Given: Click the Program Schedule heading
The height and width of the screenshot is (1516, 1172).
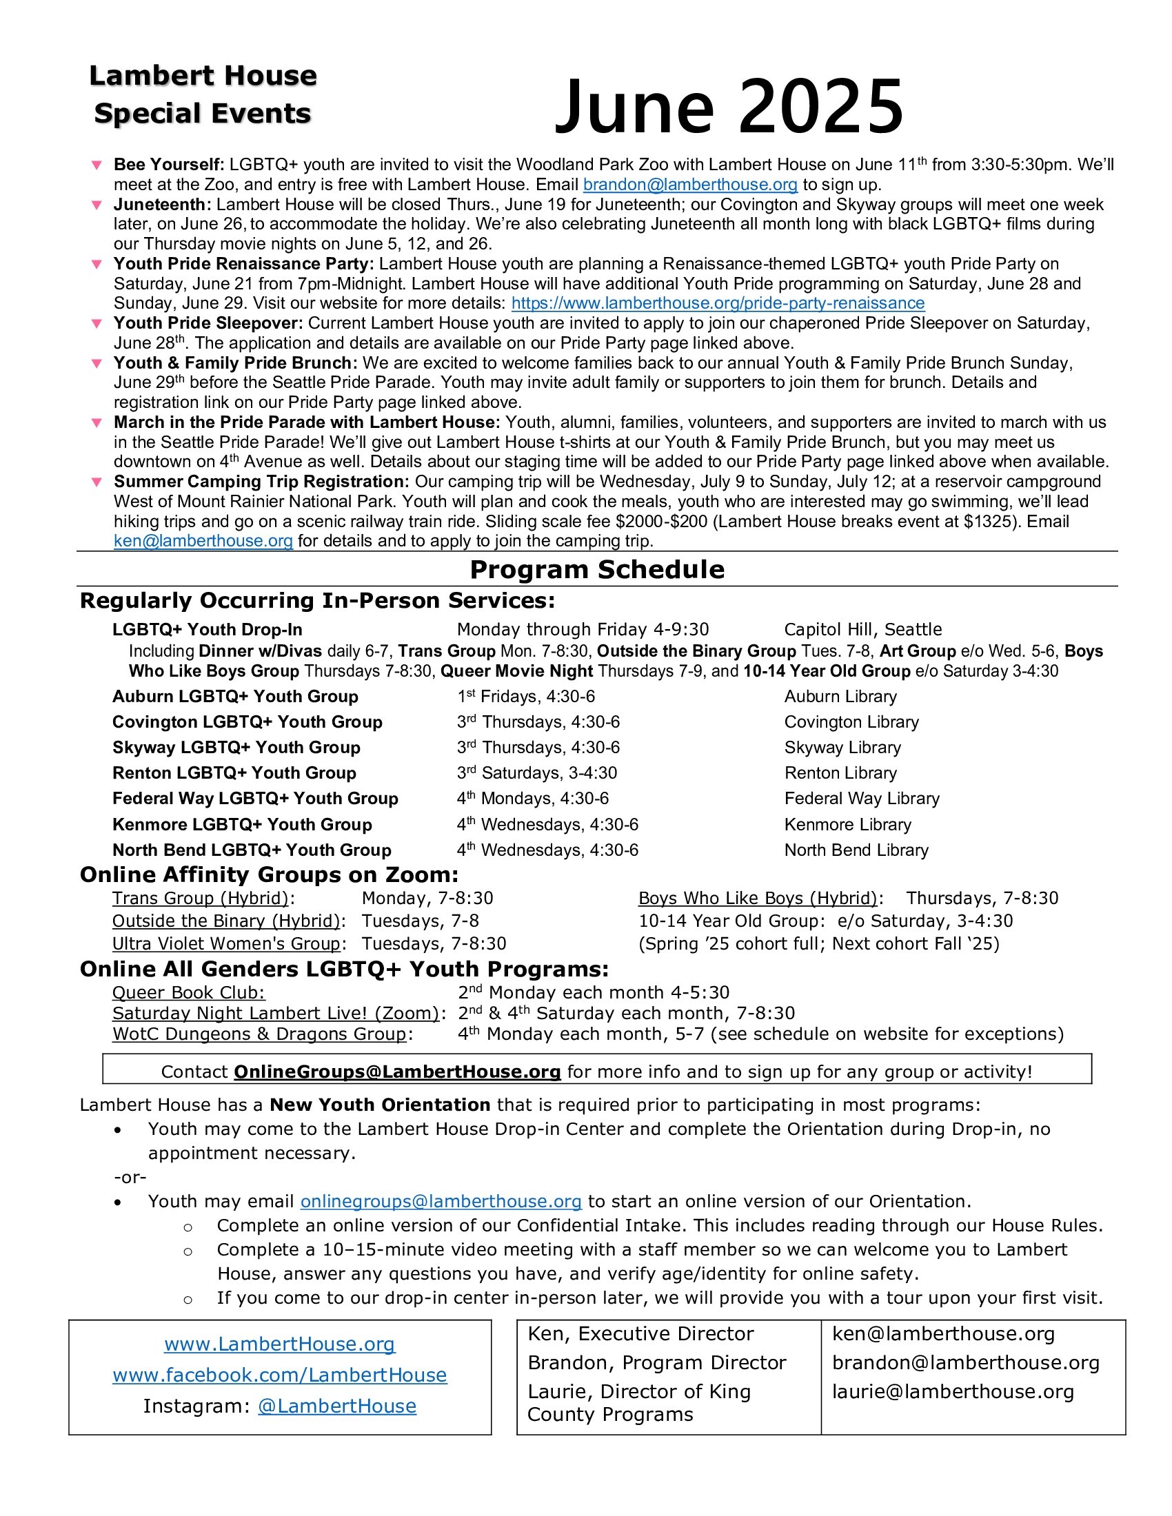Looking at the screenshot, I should (x=597, y=569).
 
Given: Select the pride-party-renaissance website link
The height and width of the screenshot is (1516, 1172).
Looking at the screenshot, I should (x=718, y=303).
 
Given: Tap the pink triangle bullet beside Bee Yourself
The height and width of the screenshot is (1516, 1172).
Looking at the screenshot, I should (x=97, y=165).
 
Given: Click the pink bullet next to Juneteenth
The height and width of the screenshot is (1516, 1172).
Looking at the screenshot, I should (x=97, y=205).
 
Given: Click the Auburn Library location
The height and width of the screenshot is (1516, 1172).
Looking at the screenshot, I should (x=840, y=696).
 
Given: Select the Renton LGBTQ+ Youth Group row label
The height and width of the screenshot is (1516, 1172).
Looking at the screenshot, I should (x=234, y=772).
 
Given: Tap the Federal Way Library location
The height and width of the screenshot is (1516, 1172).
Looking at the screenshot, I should (x=862, y=798).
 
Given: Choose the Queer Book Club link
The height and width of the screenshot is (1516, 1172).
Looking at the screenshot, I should (x=189, y=992).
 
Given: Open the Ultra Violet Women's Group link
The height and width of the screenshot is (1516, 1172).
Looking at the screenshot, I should (x=226, y=944).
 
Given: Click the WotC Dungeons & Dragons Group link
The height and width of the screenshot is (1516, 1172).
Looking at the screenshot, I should (x=259, y=1034).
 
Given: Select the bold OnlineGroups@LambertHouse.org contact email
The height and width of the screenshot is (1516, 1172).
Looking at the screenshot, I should (x=397, y=1072).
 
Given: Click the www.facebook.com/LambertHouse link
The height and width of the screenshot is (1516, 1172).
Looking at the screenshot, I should (x=280, y=1375).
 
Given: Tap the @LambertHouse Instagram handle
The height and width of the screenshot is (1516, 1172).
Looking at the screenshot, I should (x=336, y=1406).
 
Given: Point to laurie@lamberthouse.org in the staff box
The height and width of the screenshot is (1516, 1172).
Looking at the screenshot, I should (x=953, y=1392).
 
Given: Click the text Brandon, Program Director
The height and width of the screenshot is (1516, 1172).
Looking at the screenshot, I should (x=657, y=1362).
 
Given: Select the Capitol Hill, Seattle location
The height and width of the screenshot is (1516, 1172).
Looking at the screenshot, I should (x=863, y=630).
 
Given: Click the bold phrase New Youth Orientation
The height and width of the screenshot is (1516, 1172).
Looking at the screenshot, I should (x=380, y=1105).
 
